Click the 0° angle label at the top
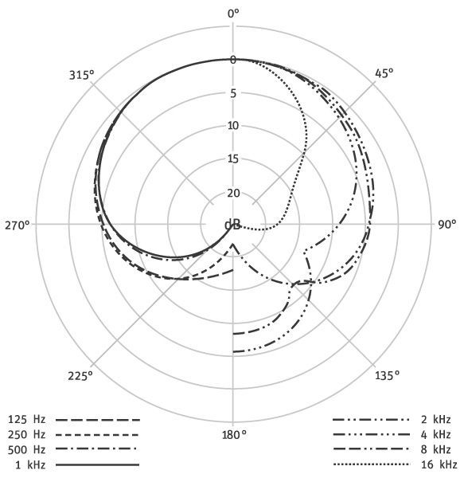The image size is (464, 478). pyautogui.click(x=233, y=14)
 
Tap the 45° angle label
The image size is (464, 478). pyautogui.click(x=384, y=73)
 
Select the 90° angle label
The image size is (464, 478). pyautogui.click(x=447, y=225)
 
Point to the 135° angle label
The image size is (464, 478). pyautogui.click(x=387, y=375)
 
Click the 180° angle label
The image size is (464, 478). pyautogui.click(x=234, y=435)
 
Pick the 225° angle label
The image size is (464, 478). pyautogui.click(x=80, y=376)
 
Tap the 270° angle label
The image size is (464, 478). pyautogui.click(x=18, y=225)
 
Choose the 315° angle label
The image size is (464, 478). pyautogui.click(x=82, y=75)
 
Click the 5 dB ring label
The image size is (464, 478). pyautogui.click(x=233, y=93)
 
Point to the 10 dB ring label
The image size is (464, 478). pyautogui.click(x=233, y=126)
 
